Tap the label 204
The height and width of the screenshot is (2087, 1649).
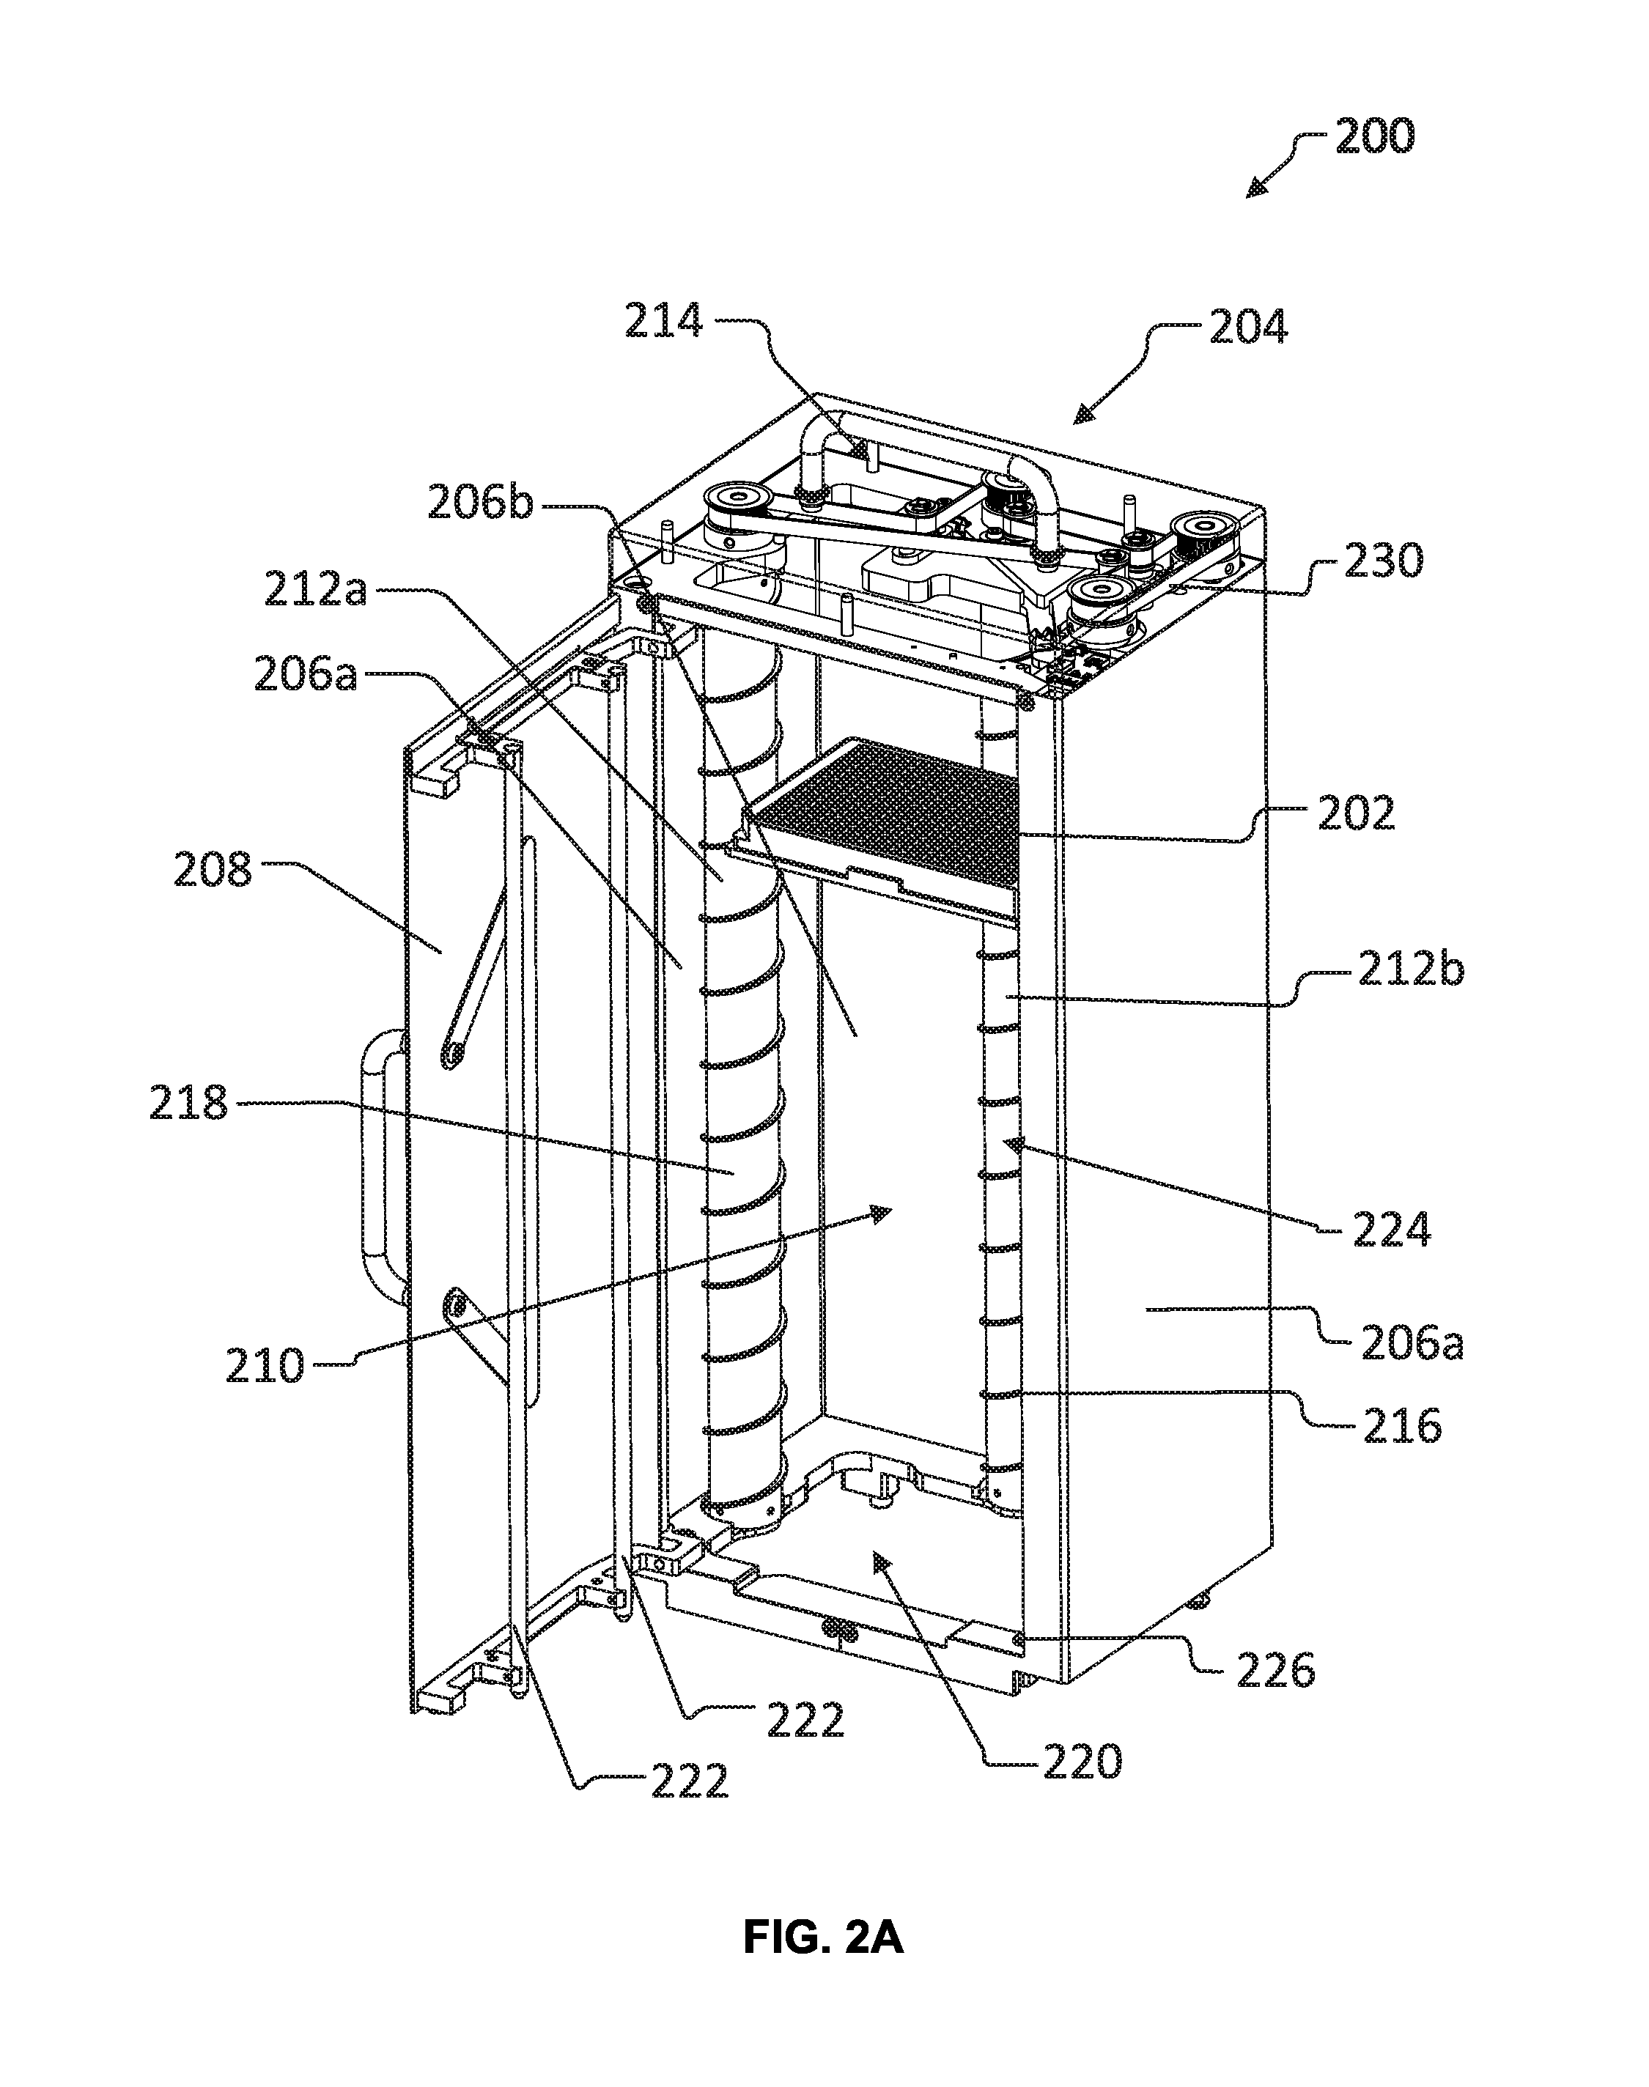pyautogui.click(x=1248, y=328)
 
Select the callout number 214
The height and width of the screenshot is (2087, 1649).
pyautogui.click(x=663, y=322)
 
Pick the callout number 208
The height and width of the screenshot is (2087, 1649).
pyautogui.click(x=213, y=871)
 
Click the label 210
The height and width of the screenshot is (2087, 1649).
pyautogui.click(x=265, y=1366)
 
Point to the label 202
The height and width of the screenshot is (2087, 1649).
pyautogui.click(x=1356, y=813)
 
